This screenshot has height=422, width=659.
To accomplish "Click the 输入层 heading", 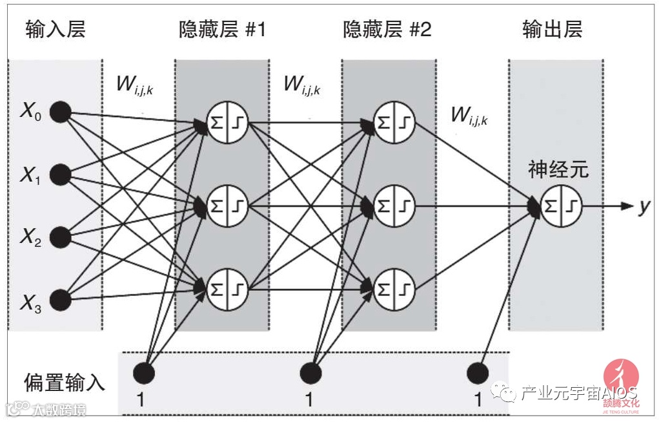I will (56, 30).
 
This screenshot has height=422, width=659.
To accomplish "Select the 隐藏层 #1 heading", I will (222, 30).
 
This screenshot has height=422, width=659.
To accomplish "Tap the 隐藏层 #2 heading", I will (388, 30).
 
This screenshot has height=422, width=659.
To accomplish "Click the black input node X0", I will (61, 112).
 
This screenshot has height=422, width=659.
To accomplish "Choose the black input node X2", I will (61, 237).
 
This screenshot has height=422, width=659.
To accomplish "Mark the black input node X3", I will (61, 299).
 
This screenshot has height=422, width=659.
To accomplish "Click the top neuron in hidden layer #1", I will (227, 121).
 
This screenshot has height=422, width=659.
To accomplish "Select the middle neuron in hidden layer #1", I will (227, 206).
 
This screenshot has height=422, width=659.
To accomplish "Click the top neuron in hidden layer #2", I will (393, 121).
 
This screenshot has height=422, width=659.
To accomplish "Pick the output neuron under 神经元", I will (560, 206).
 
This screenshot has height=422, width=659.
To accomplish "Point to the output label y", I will (644, 206).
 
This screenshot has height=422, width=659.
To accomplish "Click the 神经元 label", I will (558, 170).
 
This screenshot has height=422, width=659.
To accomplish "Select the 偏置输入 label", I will (65, 382).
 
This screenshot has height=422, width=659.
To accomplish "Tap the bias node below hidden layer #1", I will (143, 373).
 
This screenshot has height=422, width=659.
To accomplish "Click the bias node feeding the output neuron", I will (478, 373).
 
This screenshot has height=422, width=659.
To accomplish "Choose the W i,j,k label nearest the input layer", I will (134, 84).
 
